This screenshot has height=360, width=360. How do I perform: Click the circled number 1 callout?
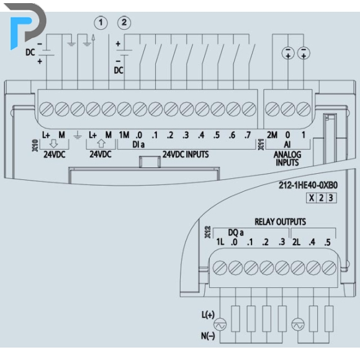pyautogui.click(x=101, y=23)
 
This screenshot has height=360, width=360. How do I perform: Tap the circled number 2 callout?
pyautogui.click(x=124, y=23)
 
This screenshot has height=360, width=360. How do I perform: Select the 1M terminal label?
pyautogui.click(x=124, y=135)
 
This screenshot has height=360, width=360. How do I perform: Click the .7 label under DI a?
pyautogui.click(x=248, y=135)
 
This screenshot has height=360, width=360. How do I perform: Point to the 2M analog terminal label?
pyautogui.click(x=272, y=135)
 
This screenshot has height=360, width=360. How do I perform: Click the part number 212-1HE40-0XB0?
pyautogui.click(x=308, y=186)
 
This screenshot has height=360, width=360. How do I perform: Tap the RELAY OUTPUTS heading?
pyautogui.click(x=280, y=222)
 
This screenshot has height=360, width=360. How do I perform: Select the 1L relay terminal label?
pyautogui.click(x=220, y=242)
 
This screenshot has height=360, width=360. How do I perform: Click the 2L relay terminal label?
pyautogui.click(x=297, y=242)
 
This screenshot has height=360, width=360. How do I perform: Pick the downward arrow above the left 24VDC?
pyautogui.click(x=54, y=143)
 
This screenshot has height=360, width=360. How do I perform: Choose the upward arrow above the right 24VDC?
pyautogui.click(x=101, y=143)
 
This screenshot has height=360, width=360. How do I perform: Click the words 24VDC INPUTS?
pyautogui.click(x=186, y=155)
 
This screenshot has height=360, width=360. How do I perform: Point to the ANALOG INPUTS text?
pyautogui.click(x=287, y=159)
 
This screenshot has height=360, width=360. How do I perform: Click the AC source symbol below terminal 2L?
pyautogui.click(x=298, y=325)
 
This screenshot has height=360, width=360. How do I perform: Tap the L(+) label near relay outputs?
pyautogui.click(x=208, y=315)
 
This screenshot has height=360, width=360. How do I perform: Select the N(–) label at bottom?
pyautogui.click(x=208, y=336)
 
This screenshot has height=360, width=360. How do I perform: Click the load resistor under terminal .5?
pyautogui.click(x=329, y=318)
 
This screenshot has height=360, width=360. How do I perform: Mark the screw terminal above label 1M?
pyautogui.click(x=124, y=109)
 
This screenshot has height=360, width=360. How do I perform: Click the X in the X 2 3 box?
pyautogui.click(x=312, y=197)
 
